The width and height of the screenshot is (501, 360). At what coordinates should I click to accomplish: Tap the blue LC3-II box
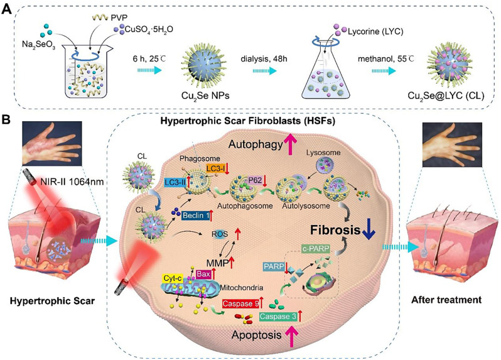pyautogui.click(x=176, y=182)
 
